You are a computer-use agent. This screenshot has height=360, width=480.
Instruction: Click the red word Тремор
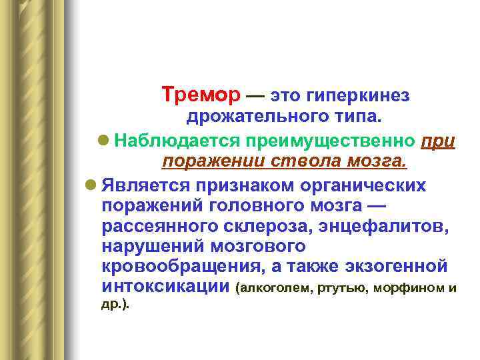coord(201,97)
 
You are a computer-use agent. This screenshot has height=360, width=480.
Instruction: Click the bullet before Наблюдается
coord(103,141)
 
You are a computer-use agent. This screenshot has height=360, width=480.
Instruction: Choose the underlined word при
coord(439,141)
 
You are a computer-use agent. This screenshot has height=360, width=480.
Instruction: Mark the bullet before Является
coord(92,184)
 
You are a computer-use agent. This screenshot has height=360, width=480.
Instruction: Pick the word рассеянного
coord(167,226)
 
